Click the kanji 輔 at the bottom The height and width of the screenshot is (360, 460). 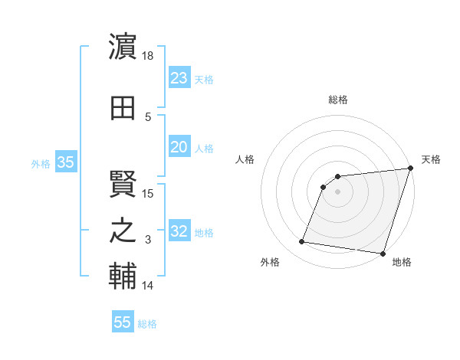(x=123, y=278)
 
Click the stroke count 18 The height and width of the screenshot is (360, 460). (x=149, y=56)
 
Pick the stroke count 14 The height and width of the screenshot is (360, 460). (x=148, y=286)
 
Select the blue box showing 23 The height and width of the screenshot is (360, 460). (x=179, y=78)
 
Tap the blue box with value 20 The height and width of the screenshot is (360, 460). (x=179, y=147)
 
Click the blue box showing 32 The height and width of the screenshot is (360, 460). (x=179, y=232)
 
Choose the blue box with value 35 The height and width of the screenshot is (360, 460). (x=65, y=162)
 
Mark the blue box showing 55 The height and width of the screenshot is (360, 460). (x=123, y=322)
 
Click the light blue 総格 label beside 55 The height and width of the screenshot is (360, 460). (x=147, y=324)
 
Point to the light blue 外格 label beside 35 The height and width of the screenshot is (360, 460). (x=41, y=163)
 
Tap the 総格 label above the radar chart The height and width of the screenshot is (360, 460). (x=337, y=100)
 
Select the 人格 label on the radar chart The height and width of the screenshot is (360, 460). (x=245, y=159)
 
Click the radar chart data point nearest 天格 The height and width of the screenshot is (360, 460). (x=410, y=169)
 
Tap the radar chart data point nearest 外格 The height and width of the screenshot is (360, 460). (x=302, y=242)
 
